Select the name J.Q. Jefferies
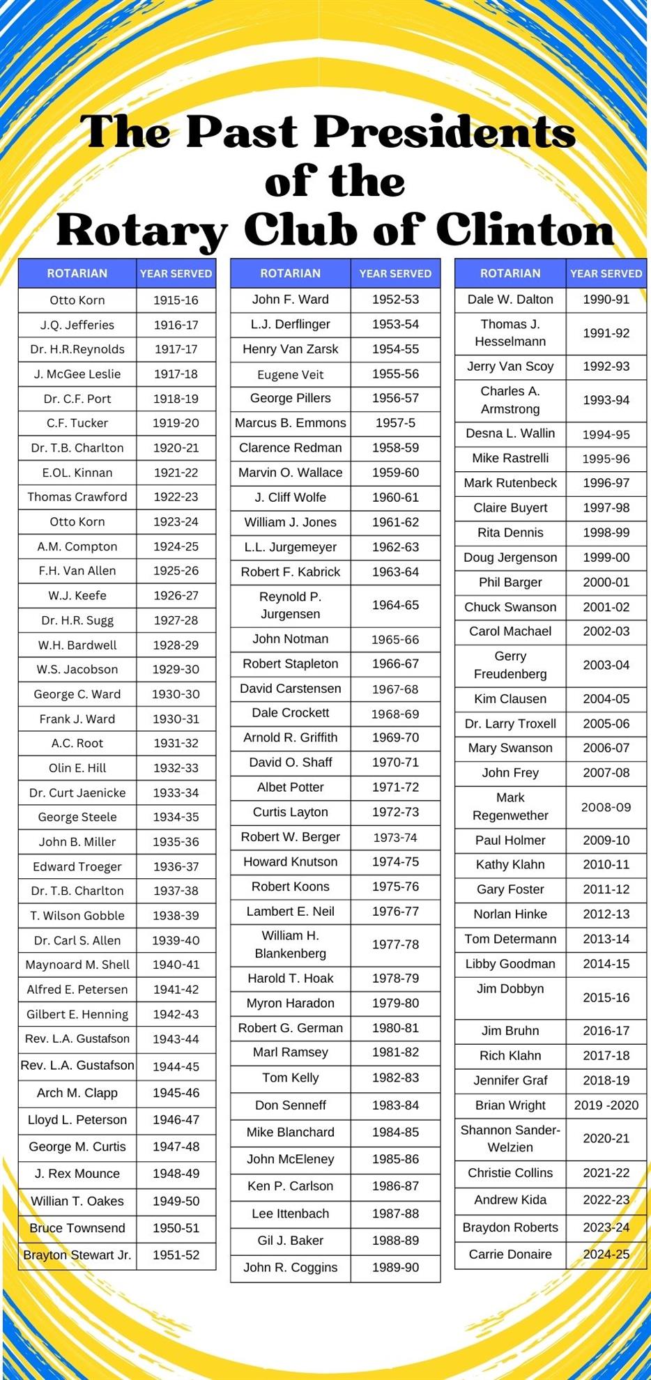click(x=77, y=325)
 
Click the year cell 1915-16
click(x=176, y=300)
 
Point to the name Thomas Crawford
click(x=77, y=497)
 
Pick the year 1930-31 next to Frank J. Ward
click(x=176, y=719)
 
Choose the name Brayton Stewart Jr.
click(x=77, y=1255)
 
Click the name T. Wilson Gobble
click(x=77, y=915)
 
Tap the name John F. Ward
click(x=291, y=300)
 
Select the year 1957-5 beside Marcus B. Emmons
click(x=395, y=423)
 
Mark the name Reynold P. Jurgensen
click(x=291, y=605)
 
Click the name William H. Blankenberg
click(x=291, y=944)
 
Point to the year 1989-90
click(x=395, y=1267)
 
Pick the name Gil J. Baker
click(x=291, y=1240)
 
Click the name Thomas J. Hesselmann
click(x=510, y=332)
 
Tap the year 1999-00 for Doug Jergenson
click(x=606, y=558)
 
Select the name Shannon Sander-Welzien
click(x=510, y=1138)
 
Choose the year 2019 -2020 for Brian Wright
click(x=606, y=1105)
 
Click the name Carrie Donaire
click(x=510, y=1254)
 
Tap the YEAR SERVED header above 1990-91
click(x=606, y=273)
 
